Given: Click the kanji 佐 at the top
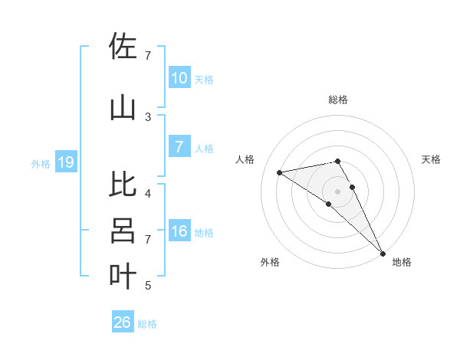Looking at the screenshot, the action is click(123, 47).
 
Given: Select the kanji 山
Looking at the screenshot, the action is click(123, 107).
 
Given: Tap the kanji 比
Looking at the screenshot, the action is click(123, 185).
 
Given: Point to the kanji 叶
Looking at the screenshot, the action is click(123, 276).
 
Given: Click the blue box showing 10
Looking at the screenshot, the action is click(179, 78).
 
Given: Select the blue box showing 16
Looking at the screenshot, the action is click(179, 232).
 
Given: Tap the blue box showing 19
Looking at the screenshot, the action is click(65, 162).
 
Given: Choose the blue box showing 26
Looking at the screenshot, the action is click(123, 322).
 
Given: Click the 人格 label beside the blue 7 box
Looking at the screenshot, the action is click(204, 149).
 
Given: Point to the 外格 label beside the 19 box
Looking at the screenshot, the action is click(41, 163).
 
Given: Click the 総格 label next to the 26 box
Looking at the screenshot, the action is click(147, 324).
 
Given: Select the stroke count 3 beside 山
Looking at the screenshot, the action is click(148, 116).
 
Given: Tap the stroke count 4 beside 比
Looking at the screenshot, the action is click(148, 193).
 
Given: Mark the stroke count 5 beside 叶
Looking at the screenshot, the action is click(148, 286).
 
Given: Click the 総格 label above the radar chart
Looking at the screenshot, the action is click(338, 100).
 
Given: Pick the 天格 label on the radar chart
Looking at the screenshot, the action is click(431, 159).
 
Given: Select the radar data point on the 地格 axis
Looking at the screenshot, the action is click(382, 252).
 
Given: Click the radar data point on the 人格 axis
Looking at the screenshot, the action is click(280, 172).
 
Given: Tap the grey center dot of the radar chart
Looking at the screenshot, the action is click(337, 191).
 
